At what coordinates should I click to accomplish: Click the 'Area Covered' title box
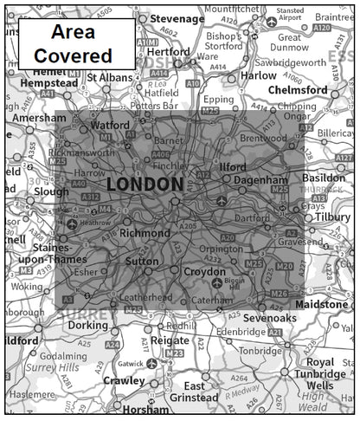76,43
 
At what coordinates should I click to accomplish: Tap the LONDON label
145,185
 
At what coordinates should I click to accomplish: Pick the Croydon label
205,271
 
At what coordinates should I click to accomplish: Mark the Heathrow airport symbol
71,223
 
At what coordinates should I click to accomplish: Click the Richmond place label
145,233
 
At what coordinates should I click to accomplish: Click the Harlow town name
257,75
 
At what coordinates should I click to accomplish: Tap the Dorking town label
88,326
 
